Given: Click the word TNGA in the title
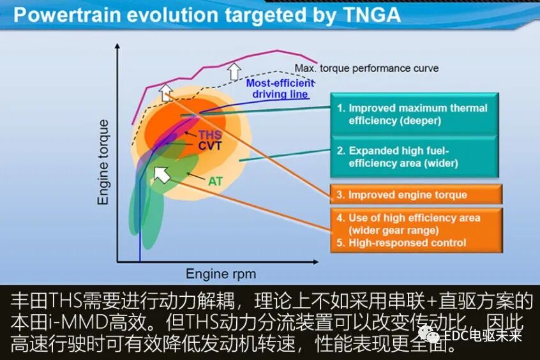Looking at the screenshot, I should [363, 15].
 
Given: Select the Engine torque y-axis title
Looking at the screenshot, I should [103, 161].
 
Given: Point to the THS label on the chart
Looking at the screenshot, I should [210, 135].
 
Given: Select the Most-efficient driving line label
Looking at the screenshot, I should [280, 89].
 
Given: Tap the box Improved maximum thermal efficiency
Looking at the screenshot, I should [414, 114].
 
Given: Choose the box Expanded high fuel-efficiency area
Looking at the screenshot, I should [414, 157].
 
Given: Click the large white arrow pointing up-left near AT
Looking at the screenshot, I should [162, 172].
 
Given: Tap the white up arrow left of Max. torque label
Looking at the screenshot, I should [235, 70].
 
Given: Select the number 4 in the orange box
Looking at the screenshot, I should [341, 218].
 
